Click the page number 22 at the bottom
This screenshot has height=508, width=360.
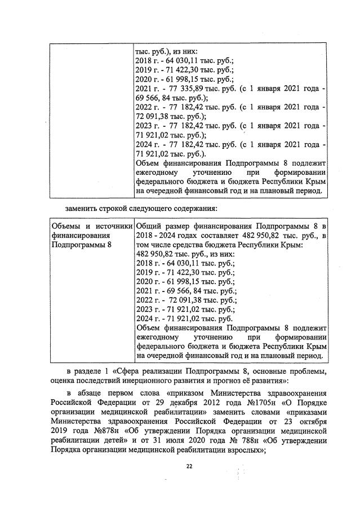(189, 466)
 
